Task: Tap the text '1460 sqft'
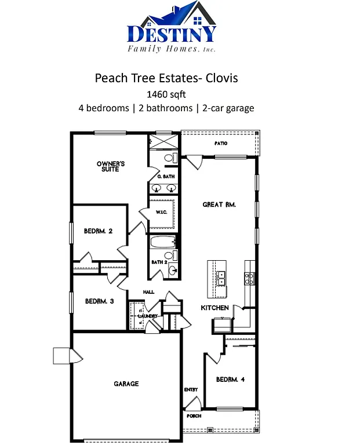pos(166,93)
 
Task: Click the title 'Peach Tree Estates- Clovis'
pos(166,78)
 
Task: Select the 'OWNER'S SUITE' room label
pos(110,166)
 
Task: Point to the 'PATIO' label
pos(220,143)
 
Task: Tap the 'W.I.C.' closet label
pos(161,212)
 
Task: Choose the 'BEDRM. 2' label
pos(98,231)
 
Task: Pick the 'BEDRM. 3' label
pos(99,301)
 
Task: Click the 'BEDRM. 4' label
pos(230,380)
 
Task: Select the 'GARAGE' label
pos(126,384)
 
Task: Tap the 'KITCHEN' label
pos(214,308)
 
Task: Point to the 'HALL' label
pos(148,292)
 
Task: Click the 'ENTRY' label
pos(191,389)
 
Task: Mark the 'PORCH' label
pos(194,416)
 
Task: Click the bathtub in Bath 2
pos(163,242)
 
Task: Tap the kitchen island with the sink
pos(218,279)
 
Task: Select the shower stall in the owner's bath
pos(157,142)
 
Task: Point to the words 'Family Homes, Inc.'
pos(172,49)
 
